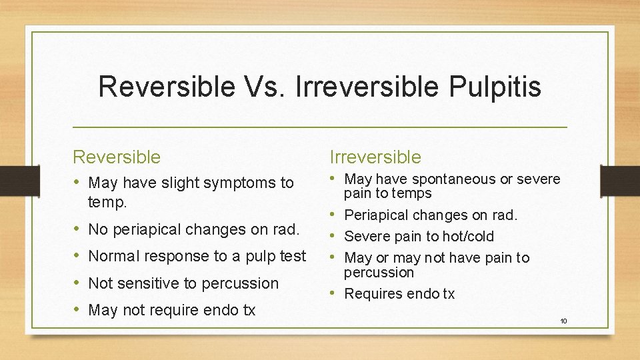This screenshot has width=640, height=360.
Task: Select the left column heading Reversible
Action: click(117, 157)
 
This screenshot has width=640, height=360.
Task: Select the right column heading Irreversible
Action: click(376, 157)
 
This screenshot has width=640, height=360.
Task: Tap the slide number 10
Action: click(563, 321)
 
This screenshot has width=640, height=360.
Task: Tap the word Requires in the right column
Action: click(371, 294)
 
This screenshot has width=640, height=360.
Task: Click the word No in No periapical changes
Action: click(98, 229)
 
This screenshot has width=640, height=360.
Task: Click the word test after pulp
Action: click(293, 256)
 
